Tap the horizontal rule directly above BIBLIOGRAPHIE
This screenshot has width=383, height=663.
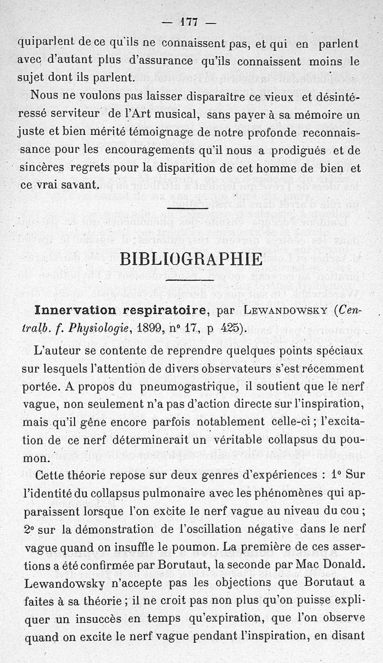pyautogui.click(x=188, y=208)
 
